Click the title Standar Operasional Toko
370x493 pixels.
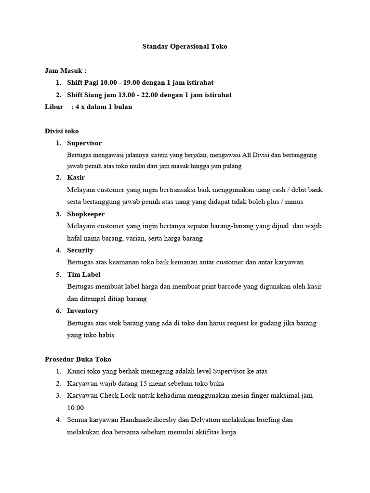(185, 47)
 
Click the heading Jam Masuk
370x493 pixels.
(65, 71)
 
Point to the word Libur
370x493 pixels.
(53, 107)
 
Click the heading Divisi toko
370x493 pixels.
(62, 131)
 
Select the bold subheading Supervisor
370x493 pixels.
(84, 143)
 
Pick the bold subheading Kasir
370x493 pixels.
(76, 178)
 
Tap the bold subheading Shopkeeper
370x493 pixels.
(86, 214)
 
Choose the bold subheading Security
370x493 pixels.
(80, 250)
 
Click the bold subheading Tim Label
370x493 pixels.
(83, 274)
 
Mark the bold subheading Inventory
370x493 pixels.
(82, 311)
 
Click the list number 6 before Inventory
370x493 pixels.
(58, 311)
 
